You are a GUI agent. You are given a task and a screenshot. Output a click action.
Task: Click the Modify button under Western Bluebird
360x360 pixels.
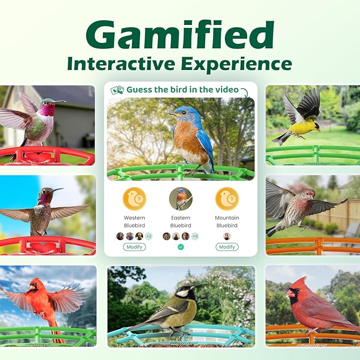[x=134, y=247]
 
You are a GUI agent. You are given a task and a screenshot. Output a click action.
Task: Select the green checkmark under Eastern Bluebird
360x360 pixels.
[x=180, y=247]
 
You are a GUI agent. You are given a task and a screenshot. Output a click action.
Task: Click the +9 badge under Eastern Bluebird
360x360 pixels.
[x=195, y=236]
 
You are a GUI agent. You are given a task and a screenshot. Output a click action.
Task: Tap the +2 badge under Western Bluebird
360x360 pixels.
[x=148, y=236]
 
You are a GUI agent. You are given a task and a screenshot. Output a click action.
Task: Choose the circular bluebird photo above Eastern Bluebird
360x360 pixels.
[x=180, y=199]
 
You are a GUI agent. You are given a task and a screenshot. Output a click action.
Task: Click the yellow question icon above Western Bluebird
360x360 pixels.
[x=134, y=199]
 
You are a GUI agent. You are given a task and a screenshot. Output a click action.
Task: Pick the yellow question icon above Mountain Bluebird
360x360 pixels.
[x=227, y=199]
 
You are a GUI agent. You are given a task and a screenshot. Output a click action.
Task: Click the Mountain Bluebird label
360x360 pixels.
[x=227, y=222]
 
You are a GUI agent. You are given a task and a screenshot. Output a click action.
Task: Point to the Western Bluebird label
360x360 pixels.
[x=134, y=222]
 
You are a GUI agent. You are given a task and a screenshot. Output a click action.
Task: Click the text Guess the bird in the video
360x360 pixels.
[x=182, y=90]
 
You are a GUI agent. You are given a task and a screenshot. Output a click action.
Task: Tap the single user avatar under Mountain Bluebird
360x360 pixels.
[x=227, y=236]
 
